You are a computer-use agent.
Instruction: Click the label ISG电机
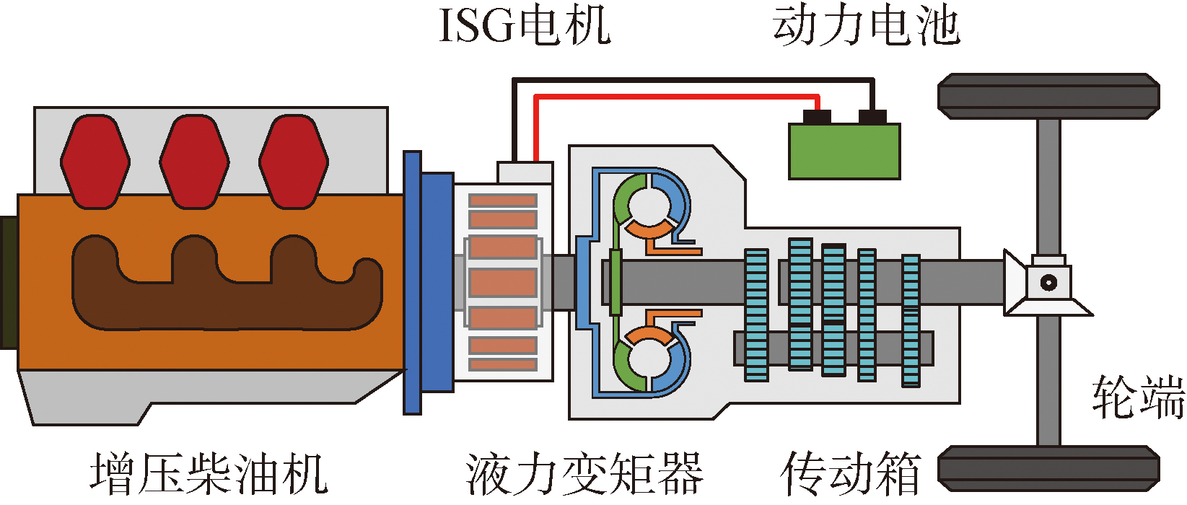pos(525,26)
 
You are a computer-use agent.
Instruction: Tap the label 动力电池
pos(865,26)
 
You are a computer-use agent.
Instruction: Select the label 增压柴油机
pos(209,474)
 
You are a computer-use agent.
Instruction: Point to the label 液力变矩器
pos(584,474)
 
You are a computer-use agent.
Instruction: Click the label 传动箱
pos(851,474)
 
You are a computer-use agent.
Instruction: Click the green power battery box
pos(844,151)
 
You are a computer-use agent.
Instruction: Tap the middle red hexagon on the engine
pos(194,162)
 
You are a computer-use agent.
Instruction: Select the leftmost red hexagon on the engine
pos(95,162)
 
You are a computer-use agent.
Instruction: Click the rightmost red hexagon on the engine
pos(294,162)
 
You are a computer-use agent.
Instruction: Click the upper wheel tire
pos(1048,95)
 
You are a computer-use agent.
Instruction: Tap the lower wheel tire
pos(1048,469)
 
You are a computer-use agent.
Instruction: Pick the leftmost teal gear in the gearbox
pos(756,315)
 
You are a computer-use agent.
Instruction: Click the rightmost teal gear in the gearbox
pos(911,320)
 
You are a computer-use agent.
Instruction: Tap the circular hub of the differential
pos(1048,282)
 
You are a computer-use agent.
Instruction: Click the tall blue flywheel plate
pos(412,282)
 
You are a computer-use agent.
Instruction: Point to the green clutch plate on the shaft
pos(616,282)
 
